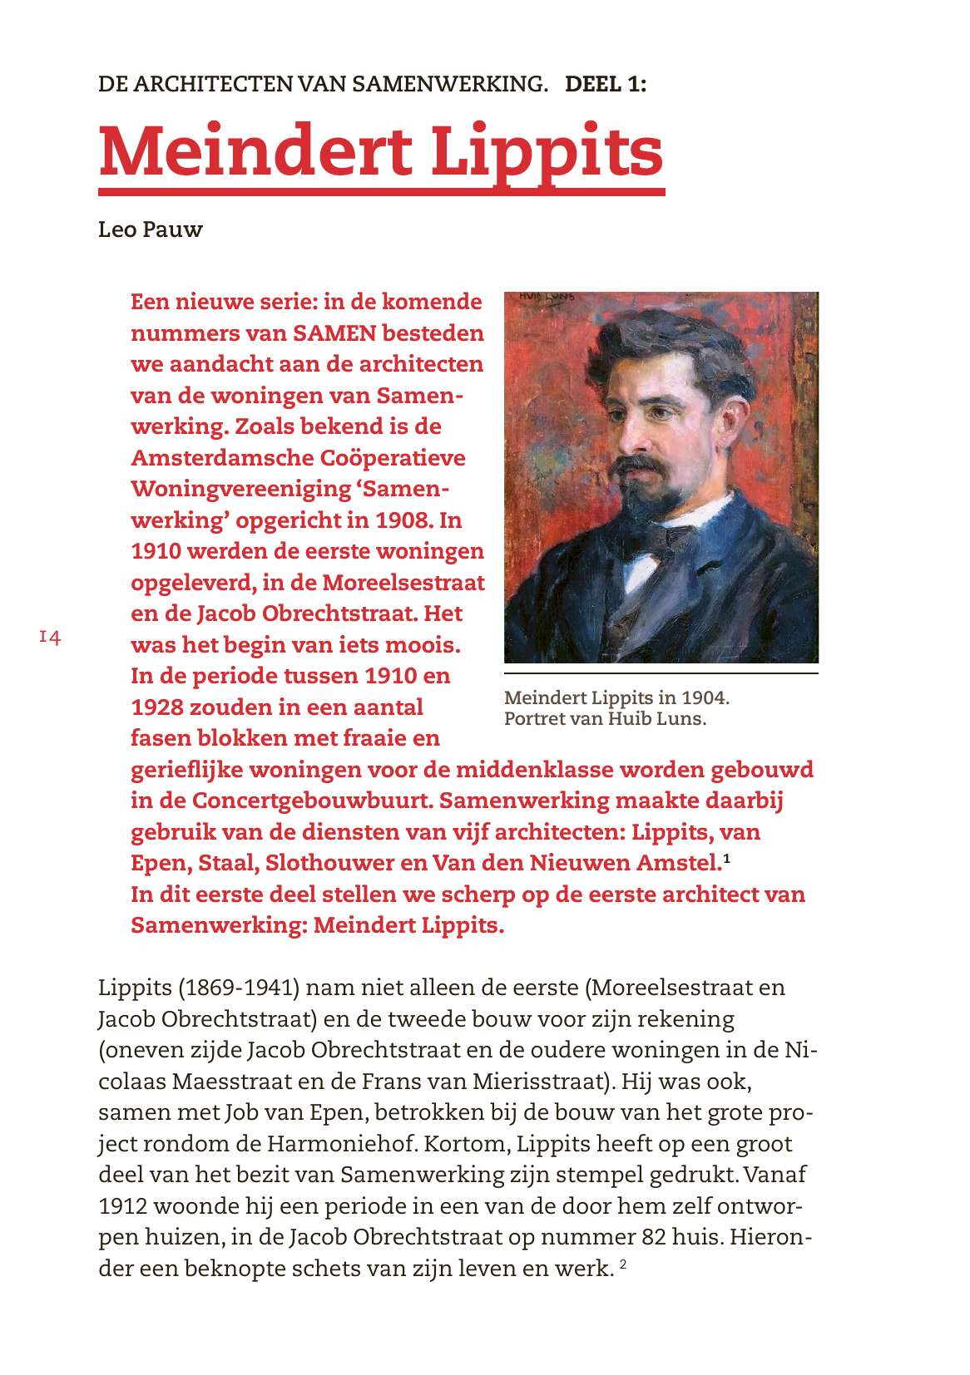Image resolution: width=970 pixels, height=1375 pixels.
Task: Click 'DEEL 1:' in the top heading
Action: [x=605, y=84]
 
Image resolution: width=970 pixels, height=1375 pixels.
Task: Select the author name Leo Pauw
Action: [x=150, y=229]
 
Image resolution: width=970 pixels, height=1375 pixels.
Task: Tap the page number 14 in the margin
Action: [x=50, y=638]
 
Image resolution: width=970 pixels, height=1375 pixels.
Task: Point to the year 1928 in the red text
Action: [x=156, y=707]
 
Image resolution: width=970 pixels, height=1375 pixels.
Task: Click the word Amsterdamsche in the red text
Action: [x=215, y=458]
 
